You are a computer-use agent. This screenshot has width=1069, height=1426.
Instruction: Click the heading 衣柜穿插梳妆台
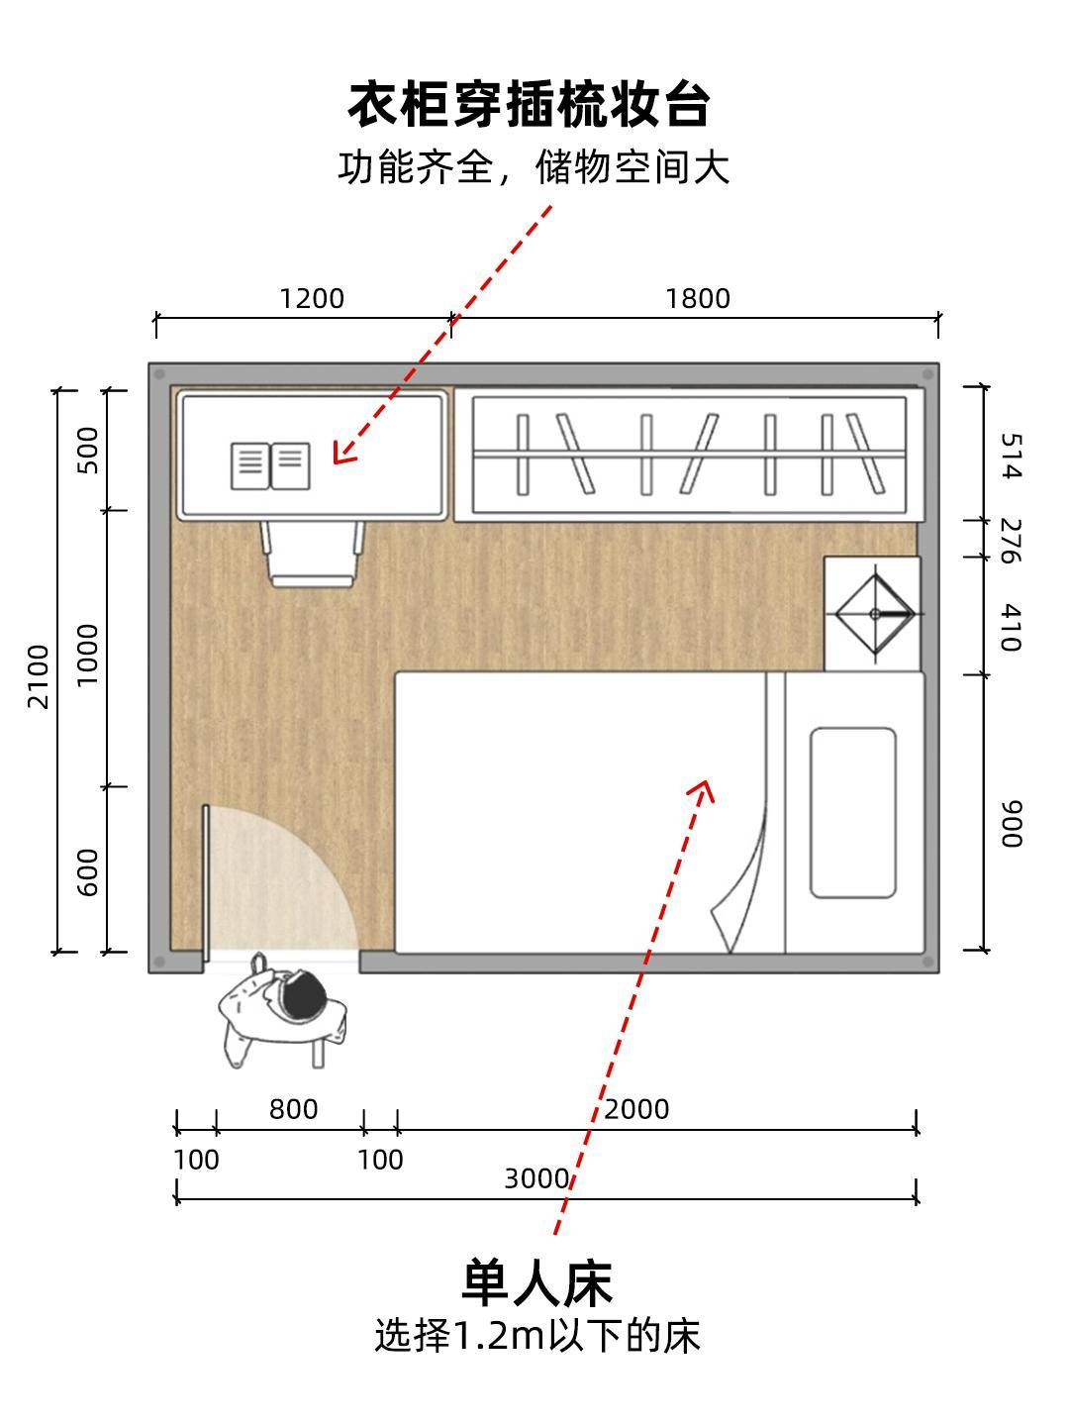click(x=529, y=104)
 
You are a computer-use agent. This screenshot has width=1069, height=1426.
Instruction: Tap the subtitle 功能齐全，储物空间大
click(x=534, y=167)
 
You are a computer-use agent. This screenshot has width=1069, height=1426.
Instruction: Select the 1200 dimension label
click(x=312, y=299)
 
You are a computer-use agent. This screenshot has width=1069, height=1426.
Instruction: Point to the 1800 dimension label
click(x=698, y=299)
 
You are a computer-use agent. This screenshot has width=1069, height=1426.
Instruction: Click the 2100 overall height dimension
click(x=39, y=676)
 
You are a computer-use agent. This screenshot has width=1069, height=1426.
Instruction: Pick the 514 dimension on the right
click(x=1012, y=457)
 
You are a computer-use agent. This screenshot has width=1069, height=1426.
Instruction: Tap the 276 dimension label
click(x=1012, y=541)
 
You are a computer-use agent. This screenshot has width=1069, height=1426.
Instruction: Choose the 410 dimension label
click(x=1012, y=627)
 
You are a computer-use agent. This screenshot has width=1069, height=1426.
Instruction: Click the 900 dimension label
click(x=1012, y=824)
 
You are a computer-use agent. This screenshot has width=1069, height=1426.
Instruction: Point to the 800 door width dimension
click(x=293, y=1109)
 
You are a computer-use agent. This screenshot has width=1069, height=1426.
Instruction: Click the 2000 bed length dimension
click(x=636, y=1109)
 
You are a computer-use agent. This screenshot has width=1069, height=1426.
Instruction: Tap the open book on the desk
click(x=270, y=465)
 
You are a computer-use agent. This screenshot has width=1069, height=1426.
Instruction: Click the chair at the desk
click(x=312, y=554)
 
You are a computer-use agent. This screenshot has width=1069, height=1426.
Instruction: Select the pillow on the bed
click(x=853, y=813)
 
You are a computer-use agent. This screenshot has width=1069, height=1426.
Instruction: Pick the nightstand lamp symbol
click(x=874, y=614)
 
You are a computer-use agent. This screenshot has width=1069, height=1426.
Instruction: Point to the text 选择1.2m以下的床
click(x=537, y=1335)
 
